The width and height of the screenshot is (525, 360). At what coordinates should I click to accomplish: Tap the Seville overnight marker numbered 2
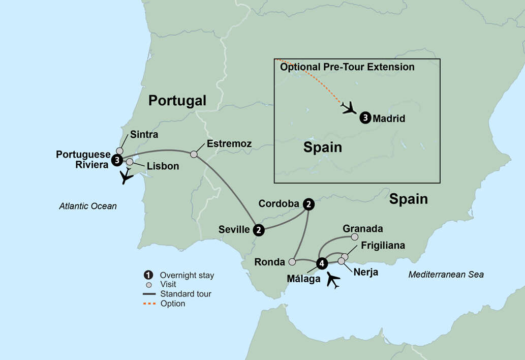tap(259, 230)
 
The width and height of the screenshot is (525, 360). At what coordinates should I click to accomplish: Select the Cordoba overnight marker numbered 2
tap(308, 204)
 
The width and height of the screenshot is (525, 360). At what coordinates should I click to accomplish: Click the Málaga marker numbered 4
tap(321, 263)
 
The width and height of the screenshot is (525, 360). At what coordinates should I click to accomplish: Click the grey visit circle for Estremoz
tap(194, 154)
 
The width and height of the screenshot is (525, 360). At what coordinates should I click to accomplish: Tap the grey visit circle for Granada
tap(355, 236)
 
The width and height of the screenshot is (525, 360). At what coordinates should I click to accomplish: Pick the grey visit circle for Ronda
tap(292, 262)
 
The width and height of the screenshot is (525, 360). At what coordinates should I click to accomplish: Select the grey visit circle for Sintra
tap(120, 151)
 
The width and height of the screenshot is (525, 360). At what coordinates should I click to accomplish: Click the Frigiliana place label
tap(383, 246)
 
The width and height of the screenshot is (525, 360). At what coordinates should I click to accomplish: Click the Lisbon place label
tap(163, 166)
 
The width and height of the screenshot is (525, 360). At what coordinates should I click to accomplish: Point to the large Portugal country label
tap(177, 101)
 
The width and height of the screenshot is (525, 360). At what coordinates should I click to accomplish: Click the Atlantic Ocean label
tap(87, 206)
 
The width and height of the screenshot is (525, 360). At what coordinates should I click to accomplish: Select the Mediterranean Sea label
tap(446, 275)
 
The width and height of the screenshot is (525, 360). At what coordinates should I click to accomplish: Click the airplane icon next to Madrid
tap(349, 108)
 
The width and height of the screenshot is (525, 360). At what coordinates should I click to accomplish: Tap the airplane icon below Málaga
tap(333, 280)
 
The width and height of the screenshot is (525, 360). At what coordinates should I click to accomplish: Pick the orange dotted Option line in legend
tap(149, 303)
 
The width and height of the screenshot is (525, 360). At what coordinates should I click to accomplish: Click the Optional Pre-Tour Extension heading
tap(347, 67)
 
